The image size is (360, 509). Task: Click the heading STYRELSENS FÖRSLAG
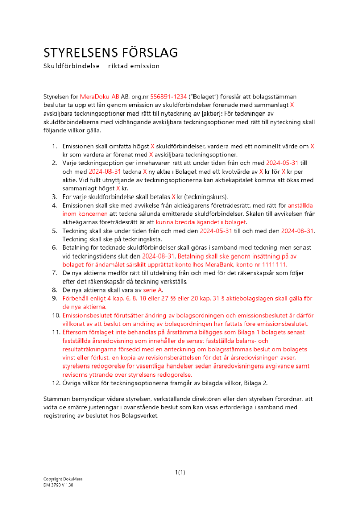click(110, 53)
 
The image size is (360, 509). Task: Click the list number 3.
click(55, 196)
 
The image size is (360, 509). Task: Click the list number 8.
click(55, 290)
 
